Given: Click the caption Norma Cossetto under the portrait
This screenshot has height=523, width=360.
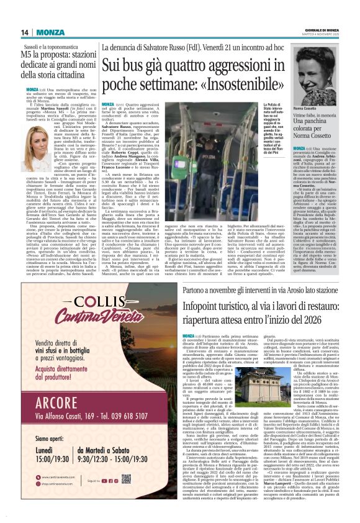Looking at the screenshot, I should pos(321,109).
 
